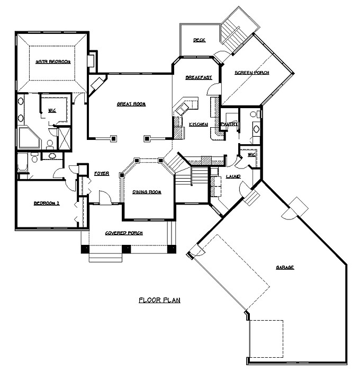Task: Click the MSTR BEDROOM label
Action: click(x=53, y=62)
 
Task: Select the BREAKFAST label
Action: click(x=199, y=77)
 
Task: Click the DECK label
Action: click(x=199, y=40)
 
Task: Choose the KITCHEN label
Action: click(x=199, y=124)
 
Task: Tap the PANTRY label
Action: click(x=228, y=124)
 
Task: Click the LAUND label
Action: click(x=233, y=176)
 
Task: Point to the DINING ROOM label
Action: click(x=147, y=192)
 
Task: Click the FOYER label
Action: click(x=102, y=173)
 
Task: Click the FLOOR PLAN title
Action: click(x=159, y=300)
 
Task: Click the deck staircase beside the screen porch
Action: click(x=237, y=30)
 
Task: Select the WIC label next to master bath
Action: click(x=52, y=111)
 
